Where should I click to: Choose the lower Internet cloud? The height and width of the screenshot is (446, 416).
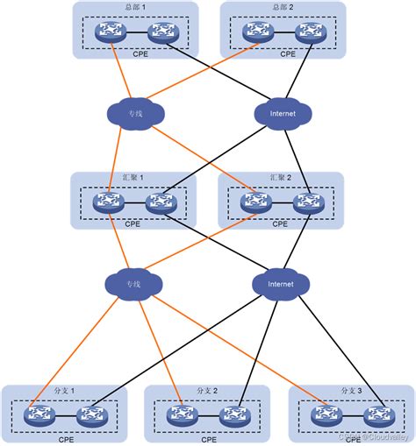281,284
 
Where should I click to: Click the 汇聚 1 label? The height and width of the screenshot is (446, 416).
133,179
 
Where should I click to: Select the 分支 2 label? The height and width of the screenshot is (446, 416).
207,390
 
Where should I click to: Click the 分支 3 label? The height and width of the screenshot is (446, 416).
350,390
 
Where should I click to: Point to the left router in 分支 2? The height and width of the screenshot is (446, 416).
182,415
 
